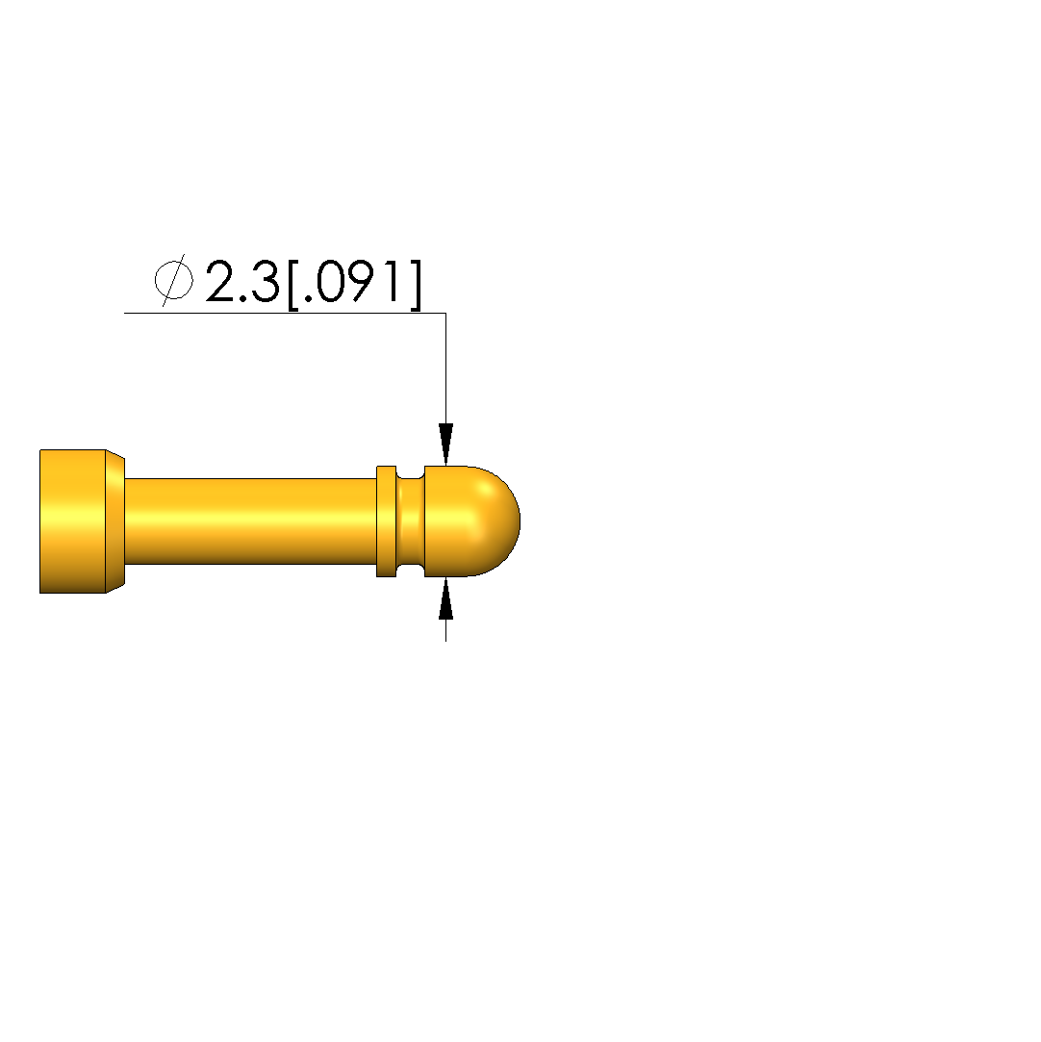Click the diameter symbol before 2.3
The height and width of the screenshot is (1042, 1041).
pyautogui.click(x=174, y=280)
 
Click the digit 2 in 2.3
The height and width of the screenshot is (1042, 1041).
pyautogui.click(x=222, y=281)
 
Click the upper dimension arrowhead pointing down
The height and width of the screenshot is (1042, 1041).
pyautogui.click(x=445, y=444)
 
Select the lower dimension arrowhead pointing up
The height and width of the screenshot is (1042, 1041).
pyautogui.click(x=445, y=598)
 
